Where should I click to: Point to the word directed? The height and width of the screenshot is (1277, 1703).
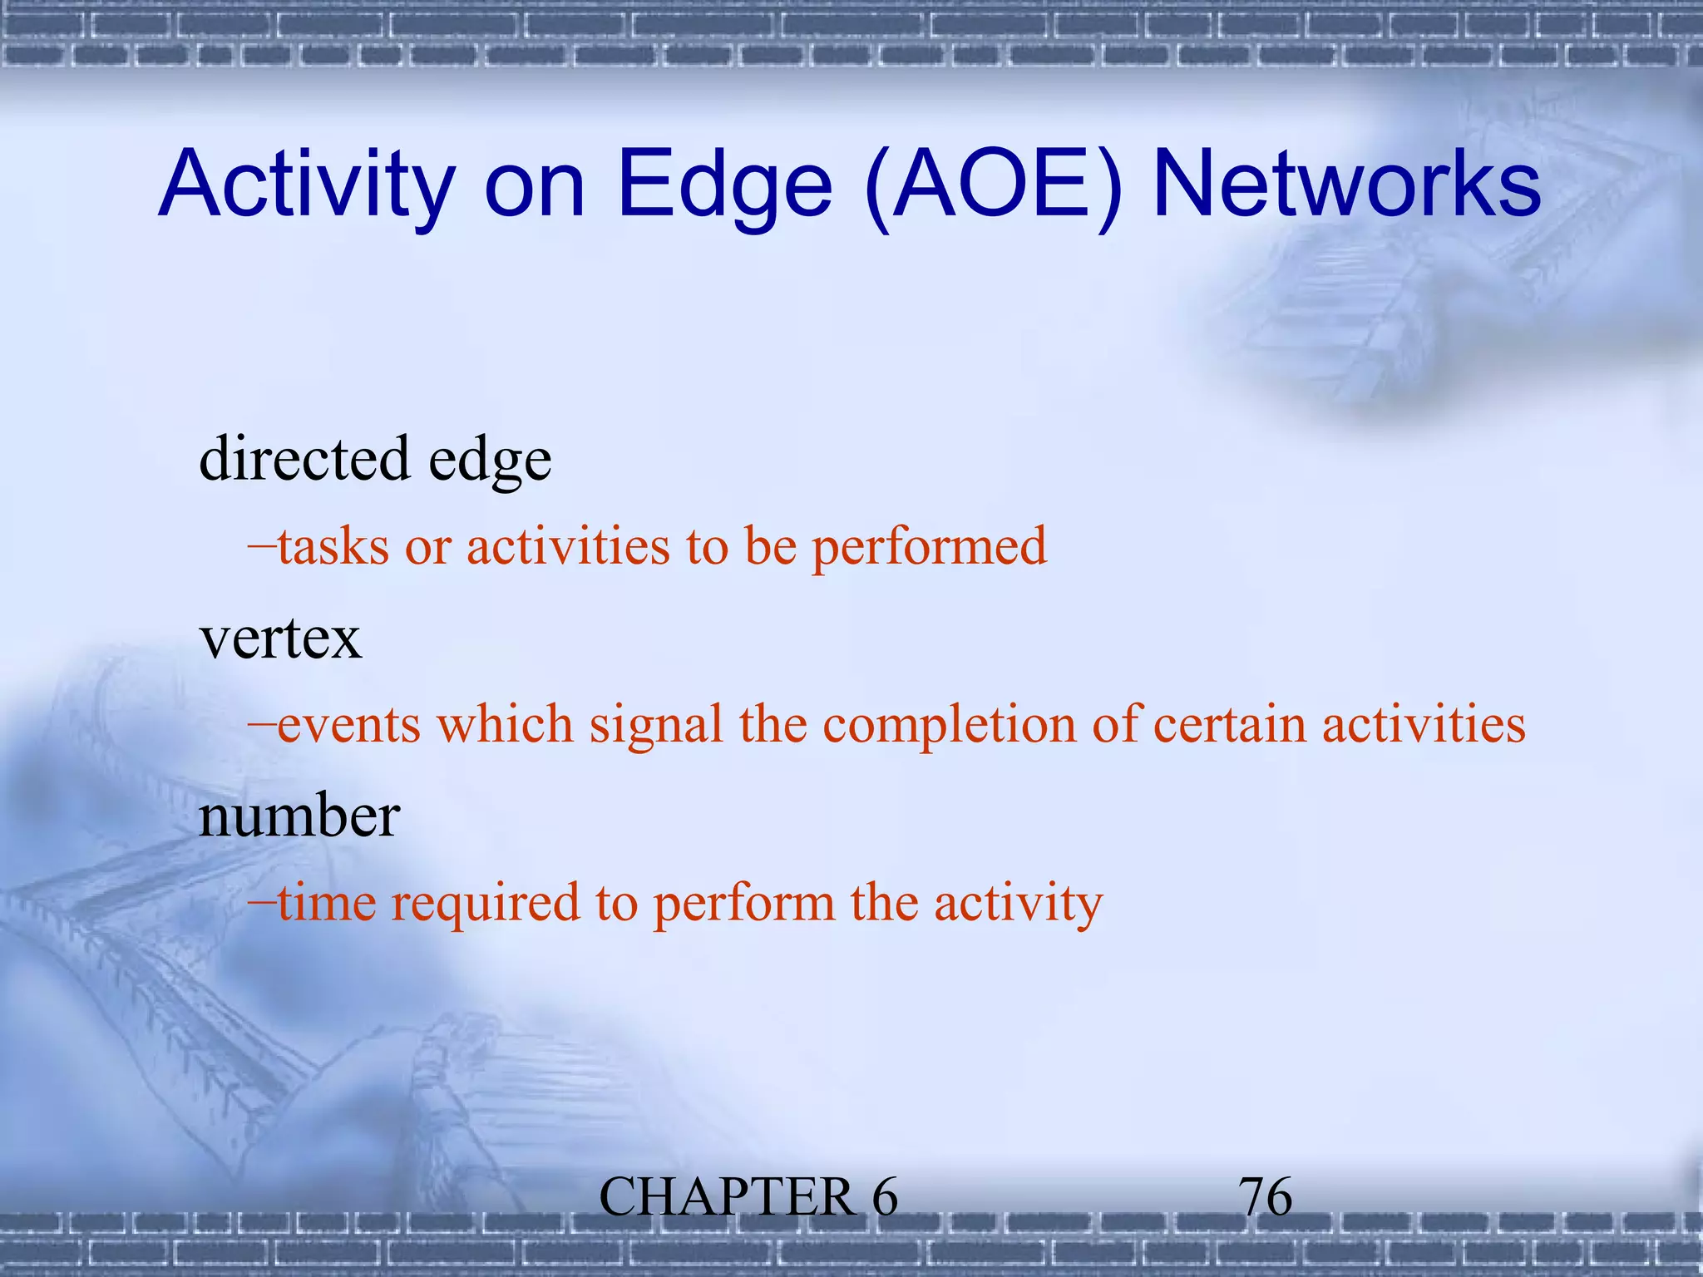click(305, 458)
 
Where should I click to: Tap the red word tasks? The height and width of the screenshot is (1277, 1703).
click(333, 547)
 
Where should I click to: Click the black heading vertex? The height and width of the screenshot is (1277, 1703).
click(281, 639)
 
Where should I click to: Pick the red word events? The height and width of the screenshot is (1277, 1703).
click(349, 724)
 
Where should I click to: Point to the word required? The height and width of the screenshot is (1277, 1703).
click(485, 905)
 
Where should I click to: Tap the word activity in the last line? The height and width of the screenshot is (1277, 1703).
click(1018, 905)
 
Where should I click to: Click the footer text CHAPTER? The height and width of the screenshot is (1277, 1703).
click(726, 1198)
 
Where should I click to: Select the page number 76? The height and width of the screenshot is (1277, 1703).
click(1266, 1198)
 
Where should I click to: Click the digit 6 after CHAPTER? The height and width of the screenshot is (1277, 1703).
click(885, 1198)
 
